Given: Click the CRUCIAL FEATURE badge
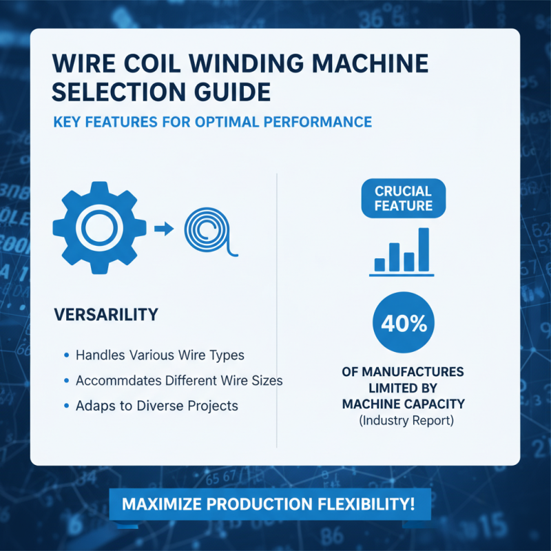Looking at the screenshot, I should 404,198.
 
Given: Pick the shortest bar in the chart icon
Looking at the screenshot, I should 380,264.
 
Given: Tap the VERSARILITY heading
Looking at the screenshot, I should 105,315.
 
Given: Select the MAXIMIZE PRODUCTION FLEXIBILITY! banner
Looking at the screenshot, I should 269,503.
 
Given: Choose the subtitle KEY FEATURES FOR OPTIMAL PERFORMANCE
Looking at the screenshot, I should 212,122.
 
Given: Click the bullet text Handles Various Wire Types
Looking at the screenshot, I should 160,355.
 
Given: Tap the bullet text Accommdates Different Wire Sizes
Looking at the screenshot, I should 179,380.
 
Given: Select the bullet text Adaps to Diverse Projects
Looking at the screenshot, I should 157,406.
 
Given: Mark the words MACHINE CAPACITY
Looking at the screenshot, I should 403,404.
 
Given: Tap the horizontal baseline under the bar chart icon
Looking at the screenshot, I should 402,275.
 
